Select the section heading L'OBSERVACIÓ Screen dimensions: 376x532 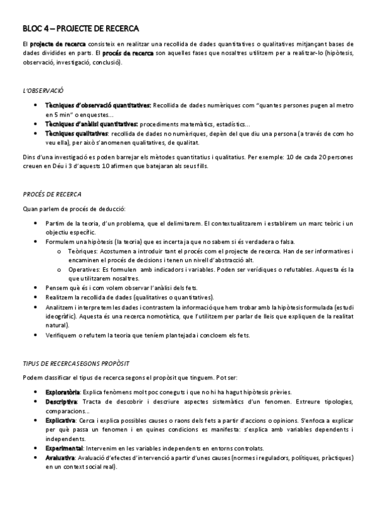[43, 90]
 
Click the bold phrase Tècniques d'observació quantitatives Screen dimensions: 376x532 [98, 105]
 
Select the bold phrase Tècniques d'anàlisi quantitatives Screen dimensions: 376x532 [92, 124]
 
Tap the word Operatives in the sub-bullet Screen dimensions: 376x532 [84, 269]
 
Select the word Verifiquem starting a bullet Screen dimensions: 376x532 [62, 335]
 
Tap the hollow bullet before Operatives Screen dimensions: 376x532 [58, 269]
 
